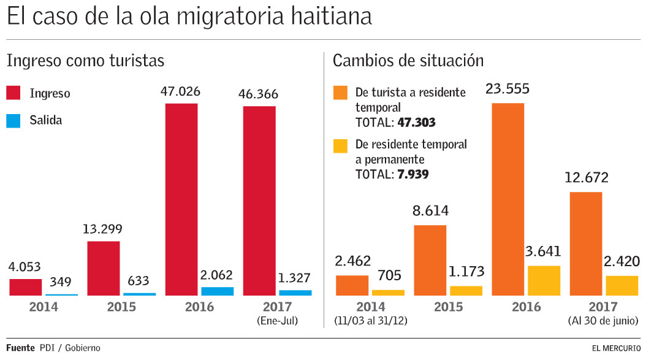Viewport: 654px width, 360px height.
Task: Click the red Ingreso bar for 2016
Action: (x=181, y=199)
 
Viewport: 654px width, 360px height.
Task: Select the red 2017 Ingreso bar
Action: (x=259, y=201)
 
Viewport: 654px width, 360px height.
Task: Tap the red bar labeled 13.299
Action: (x=104, y=268)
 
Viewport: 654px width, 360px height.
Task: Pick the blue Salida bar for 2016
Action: (x=217, y=291)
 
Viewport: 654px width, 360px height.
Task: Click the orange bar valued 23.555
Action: (x=508, y=199)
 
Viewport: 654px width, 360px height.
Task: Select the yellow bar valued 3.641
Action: (x=544, y=281)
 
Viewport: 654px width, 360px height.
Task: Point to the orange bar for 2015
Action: (x=430, y=260)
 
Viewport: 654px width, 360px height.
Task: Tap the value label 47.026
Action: (x=180, y=92)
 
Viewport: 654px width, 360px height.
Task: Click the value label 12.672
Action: (x=587, y=178)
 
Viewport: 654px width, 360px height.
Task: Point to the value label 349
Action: (x=61, y=282)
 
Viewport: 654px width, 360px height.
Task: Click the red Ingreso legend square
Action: (x=14, y=93)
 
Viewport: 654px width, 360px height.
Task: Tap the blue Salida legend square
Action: (x=14, y=120)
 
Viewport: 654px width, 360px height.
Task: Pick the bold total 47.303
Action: (x=416, y=122)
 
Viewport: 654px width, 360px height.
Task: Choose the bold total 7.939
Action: (x=413, y=174)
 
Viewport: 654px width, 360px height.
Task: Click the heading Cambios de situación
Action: (x=408, y=61)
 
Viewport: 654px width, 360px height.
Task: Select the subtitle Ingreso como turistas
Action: (x=85, y=61)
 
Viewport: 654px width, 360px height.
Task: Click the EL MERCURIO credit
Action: (x=616, y=348)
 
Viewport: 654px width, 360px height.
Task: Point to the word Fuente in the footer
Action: (x=20, y=348)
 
